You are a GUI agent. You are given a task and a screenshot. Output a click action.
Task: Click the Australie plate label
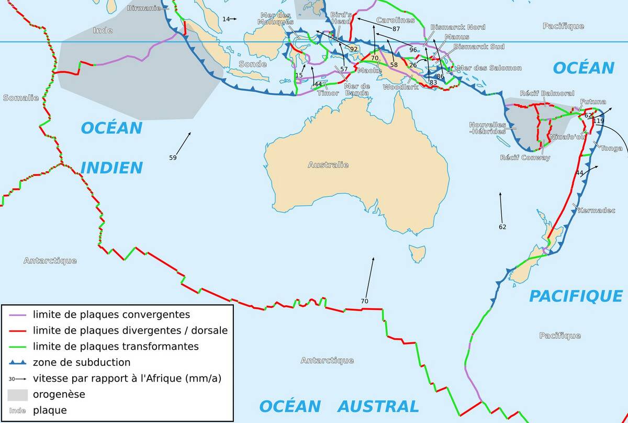[x=328, y=165]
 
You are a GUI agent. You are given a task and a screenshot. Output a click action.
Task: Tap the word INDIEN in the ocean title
[x=111, y=168]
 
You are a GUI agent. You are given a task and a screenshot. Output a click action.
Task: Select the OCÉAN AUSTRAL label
[x=339, y=406]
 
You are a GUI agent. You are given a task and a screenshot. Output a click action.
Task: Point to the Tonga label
[x=611, y=148]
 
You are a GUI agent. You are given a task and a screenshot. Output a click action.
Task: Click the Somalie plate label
[x=21, y=98]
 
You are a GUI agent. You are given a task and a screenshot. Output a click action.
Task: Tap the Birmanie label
[x=144, y=8]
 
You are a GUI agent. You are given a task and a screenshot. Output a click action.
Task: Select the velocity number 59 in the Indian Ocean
[x=173, y=157]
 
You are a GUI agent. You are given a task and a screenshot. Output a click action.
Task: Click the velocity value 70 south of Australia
[x=365, y=301]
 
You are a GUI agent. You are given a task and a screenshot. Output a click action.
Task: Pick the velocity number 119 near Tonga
[x=598, y=121]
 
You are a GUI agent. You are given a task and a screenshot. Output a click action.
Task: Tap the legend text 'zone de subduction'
[x=82, y=362]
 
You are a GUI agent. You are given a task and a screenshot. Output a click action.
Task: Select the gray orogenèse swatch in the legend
[x=17, y=394]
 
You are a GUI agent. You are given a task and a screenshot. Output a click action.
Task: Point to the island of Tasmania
[x=417, y=254]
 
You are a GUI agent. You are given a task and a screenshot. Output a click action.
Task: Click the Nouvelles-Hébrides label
[x=487, y=128]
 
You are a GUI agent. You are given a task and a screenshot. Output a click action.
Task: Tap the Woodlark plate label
[x=400, y=87]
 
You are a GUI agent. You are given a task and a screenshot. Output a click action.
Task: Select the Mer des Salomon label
[x=489, y=68]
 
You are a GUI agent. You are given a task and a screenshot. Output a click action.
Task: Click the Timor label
[x=328, y=93]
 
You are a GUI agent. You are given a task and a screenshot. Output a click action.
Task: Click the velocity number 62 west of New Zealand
[x=502, y=227]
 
